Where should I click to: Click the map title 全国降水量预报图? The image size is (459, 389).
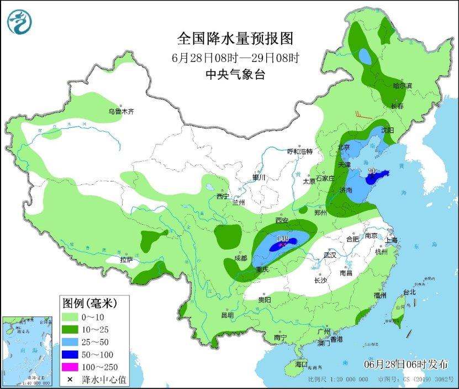[234, 39]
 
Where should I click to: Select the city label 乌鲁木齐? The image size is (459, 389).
[121, 112]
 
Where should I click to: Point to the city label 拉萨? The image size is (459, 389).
[126, 260]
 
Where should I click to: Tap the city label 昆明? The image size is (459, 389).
[228, 315]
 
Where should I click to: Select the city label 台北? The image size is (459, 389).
[409, 292]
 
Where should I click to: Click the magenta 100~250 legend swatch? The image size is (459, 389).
[70, 367]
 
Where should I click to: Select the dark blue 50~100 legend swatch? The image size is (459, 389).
[70, 354]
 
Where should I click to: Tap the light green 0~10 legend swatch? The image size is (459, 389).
[70, 317]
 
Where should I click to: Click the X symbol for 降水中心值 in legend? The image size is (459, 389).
[70, 380]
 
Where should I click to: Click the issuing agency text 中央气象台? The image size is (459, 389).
[234, 74]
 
